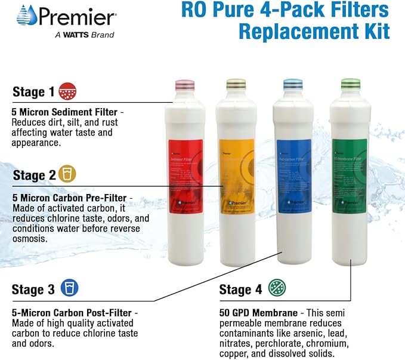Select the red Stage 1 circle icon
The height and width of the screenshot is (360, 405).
[68, 92]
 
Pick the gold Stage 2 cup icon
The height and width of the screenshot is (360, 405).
[67, 174]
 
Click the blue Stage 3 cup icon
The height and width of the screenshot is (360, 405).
[69, 289]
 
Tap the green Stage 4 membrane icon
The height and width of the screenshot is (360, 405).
[277, 288]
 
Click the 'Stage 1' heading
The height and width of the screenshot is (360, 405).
[33, 92]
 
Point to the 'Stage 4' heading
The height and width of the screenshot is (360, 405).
[240, 290]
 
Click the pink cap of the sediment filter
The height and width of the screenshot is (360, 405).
[185, 84]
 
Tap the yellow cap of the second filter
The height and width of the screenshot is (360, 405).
[236, 84]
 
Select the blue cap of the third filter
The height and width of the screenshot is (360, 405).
[293, 84]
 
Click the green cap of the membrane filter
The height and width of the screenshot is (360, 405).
[350, 84]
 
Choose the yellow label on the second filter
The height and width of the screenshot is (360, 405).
[237, 176]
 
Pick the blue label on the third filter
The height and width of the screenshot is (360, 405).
[293, 176]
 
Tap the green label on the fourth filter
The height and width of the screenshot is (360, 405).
[350, 176]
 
